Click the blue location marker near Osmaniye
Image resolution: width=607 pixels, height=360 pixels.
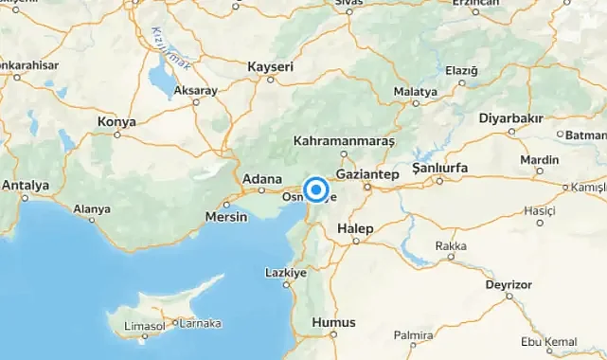(x=317, y=188)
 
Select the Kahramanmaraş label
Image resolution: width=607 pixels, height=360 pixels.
(x=343, y=141)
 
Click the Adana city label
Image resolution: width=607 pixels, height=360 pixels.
(x=262, y=178)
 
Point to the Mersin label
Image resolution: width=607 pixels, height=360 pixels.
(x=226, y=217)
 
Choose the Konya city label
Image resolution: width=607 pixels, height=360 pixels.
(x=116, y=122)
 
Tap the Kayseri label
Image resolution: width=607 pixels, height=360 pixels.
(x=270, y=67)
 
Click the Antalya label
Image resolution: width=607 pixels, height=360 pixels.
(x=26, y=185)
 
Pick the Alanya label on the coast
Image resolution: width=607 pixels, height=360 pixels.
(x=92, y=208)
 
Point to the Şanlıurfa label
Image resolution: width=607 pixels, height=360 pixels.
(x=440, y=168)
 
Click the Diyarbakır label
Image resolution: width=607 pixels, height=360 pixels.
(x=510, y=117)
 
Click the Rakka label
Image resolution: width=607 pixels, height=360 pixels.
(x=451, y=246)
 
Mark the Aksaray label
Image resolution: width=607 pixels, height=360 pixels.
(x=196, y=90)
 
